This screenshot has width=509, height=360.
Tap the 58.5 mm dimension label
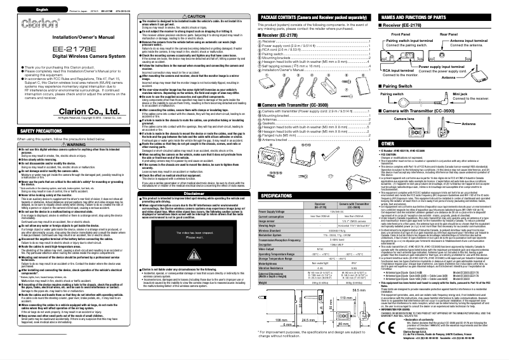click(359, 288)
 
